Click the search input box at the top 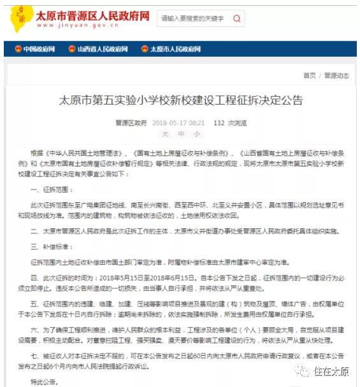coord(192,18)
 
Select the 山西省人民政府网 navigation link coord(102,49)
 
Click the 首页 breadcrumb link coord(309,75)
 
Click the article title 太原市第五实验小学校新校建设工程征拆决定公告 coord(180,100)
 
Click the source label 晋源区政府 coord(131,122)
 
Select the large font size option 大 coord(164,134)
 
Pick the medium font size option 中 coord(180,134)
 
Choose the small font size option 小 coord(197,134)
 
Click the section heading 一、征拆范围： coord(52,190)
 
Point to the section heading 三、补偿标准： coord(52,245)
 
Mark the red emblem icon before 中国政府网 coord(18,49)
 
